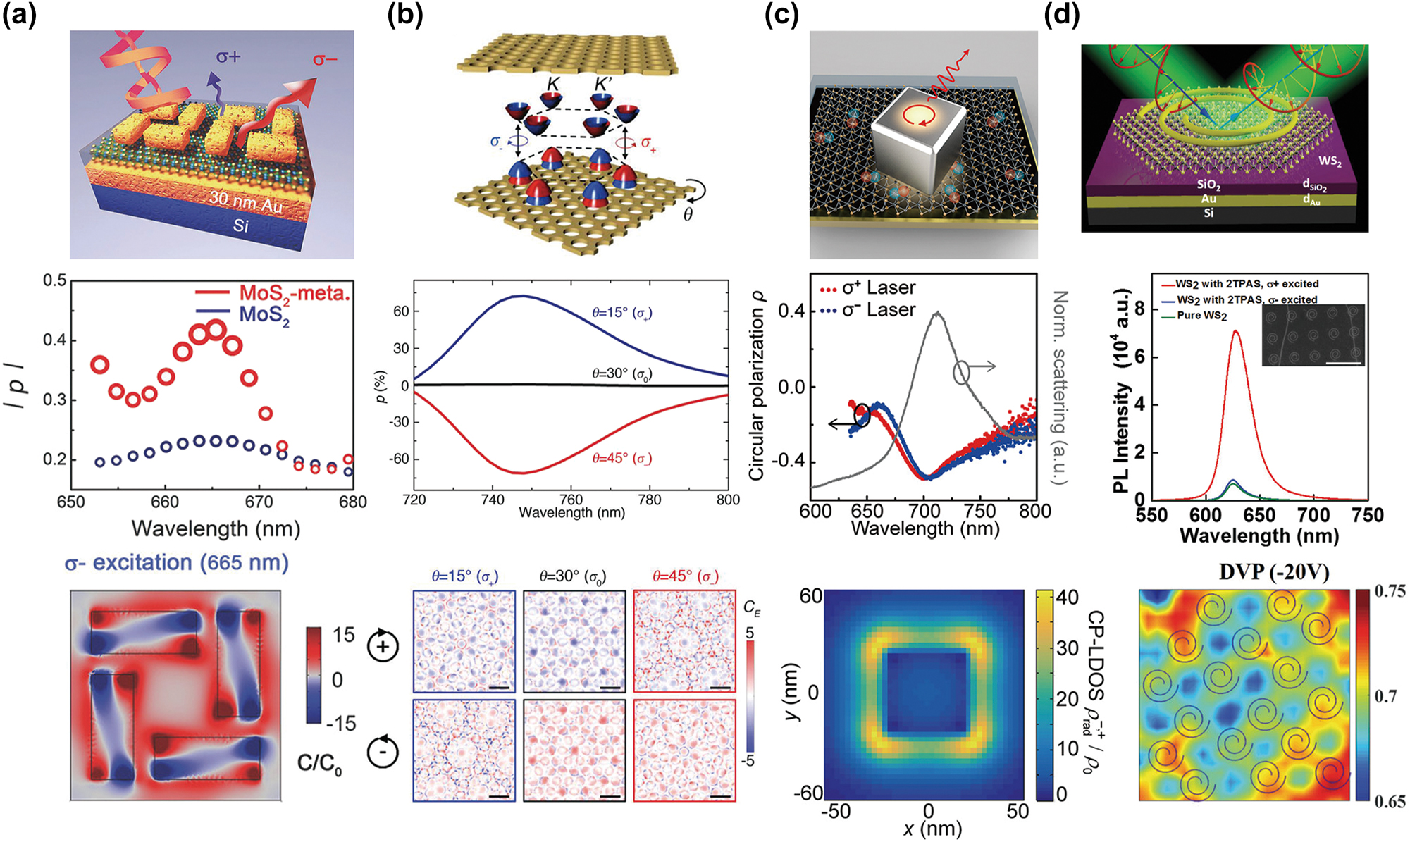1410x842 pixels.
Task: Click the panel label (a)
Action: (x=19, y=14)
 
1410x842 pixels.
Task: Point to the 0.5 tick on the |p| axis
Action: (x=55, y=280)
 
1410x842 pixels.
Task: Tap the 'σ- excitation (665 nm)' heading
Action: (x=176, y=563)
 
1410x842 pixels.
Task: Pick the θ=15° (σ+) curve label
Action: (x=621, y=312)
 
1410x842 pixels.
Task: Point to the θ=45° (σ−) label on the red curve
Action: (x=621, y=458)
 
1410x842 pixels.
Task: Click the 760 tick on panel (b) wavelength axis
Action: (x=571, y=500)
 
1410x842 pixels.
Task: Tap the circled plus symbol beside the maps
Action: (x=383, y=646)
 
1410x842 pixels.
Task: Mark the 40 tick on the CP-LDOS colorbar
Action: (x=1068, y=598)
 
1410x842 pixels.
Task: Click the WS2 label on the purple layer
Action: (x=1330, y=161)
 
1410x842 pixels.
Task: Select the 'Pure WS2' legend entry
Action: (x=1201, y=315)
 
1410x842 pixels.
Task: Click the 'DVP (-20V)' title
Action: (x=1274, y=572)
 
